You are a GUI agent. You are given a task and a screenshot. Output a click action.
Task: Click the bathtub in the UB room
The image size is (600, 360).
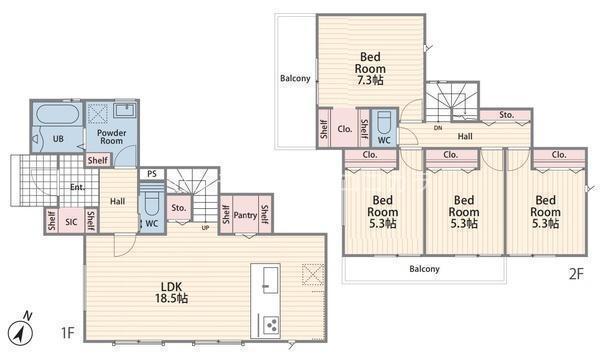tap(58, 114)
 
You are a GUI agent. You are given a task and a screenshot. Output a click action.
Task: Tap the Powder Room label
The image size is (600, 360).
tap(111, 137)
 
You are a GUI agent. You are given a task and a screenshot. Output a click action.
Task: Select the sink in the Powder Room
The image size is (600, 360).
tap(125, 110)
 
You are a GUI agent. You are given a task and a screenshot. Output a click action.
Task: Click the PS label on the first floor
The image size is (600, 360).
tap(152, 174)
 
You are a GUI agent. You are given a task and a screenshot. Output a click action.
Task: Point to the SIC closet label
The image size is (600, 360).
tap(71, 222)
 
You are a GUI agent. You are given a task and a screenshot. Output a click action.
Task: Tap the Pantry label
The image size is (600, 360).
tap(245, 215)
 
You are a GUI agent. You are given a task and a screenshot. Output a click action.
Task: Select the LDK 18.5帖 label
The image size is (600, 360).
tap(171, 292)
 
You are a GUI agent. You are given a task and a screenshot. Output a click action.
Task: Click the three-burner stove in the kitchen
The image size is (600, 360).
tap(272, 325)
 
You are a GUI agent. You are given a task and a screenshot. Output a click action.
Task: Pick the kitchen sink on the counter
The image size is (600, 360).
tap(271, 280)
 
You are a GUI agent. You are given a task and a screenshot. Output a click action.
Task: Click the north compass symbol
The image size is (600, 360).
tap(21, 331)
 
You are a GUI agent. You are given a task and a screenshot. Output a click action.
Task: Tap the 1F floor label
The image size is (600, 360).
tap(67, 332)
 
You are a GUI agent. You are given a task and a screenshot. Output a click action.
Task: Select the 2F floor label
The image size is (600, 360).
tap(576, 274)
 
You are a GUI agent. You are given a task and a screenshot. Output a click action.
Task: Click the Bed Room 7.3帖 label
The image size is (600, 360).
tap(370, 68)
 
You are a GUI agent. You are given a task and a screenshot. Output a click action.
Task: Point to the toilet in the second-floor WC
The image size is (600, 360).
tap(384, 122)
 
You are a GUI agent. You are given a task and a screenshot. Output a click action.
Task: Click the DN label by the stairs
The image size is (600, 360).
tap(438, 128)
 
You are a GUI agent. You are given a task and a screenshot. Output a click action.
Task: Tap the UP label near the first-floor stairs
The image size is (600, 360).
tap(205, 228)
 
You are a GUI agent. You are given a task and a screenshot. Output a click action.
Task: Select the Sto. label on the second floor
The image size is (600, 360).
tap(507, 115)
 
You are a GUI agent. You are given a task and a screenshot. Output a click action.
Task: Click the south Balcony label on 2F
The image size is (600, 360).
tap(424, 269)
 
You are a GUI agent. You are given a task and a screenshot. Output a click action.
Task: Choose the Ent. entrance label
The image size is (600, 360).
tap(78, 187)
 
